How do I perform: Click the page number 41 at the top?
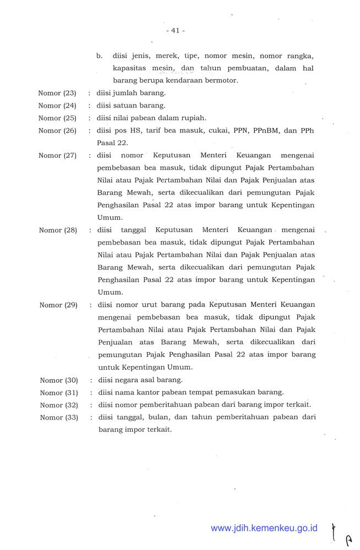(x=175, y=31)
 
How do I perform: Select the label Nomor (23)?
(x=57, y=93)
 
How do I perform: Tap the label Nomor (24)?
(x=57, y=106)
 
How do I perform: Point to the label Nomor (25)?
(x=57, y=118)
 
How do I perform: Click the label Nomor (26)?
(x=57, y=130)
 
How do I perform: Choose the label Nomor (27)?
(x=57, y=155)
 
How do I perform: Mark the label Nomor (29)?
(x=58, y=305)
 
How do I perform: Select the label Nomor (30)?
(x=59, y=380)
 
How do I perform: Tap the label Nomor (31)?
(x=59, y=393)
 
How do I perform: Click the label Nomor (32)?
(x=59, y=405)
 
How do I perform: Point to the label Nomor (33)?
(x=59, y=417)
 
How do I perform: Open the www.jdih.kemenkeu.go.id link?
(x=264, y=528)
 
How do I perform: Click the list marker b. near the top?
(x=100, y=56)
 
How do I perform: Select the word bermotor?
(x=221, y=80)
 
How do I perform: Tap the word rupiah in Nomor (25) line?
(x=193, y=118)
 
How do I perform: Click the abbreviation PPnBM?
(x=266, y=130)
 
